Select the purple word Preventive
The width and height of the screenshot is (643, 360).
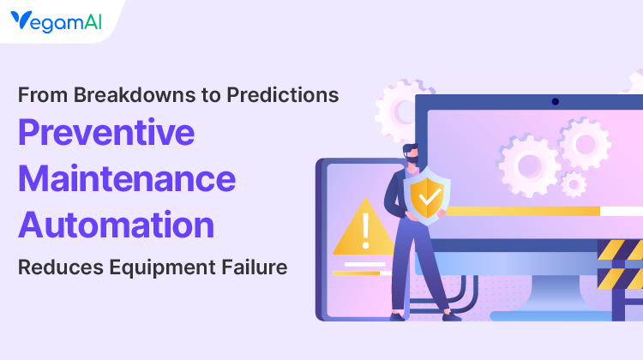pyautogui.click(x=107, y=134)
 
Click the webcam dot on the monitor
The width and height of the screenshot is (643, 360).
pyautogui.click(x=555, y=101)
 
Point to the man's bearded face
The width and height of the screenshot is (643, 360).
pyautogui.click(x=412, y=154)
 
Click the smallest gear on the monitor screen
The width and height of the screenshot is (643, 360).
pyautogui.click(x=574, y=183)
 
